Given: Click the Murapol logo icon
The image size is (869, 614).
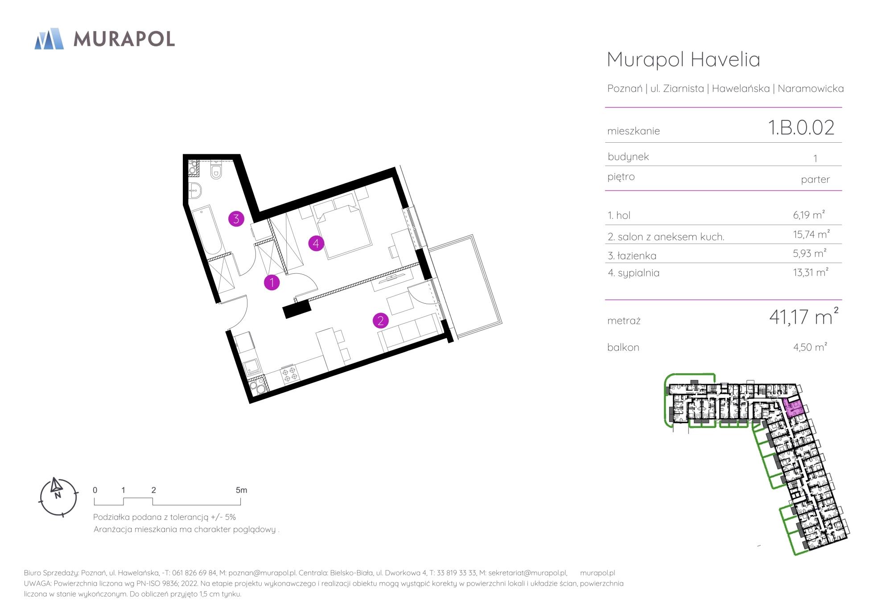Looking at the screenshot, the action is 49,38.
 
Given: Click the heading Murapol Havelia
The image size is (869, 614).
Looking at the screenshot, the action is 684,59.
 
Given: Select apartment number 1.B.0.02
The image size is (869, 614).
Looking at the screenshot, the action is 801,128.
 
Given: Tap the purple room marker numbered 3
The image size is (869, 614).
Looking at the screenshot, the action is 236,219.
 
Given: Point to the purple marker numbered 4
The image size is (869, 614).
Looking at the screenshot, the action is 316,243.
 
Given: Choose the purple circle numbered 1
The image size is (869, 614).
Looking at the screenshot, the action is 272,282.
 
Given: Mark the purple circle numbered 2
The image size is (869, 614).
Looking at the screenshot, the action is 380,320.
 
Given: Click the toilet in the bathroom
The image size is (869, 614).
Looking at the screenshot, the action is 216,169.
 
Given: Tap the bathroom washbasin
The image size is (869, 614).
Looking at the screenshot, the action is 195,190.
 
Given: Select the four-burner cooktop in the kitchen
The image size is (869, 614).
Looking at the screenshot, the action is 288,374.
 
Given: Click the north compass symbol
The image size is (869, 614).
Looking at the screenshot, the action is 58,497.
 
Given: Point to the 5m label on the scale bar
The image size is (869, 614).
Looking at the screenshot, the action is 241,490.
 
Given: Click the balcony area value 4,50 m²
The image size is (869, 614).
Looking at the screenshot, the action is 810,347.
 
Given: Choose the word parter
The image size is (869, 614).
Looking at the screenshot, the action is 815,180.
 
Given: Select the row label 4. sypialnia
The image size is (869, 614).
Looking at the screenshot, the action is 633,273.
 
